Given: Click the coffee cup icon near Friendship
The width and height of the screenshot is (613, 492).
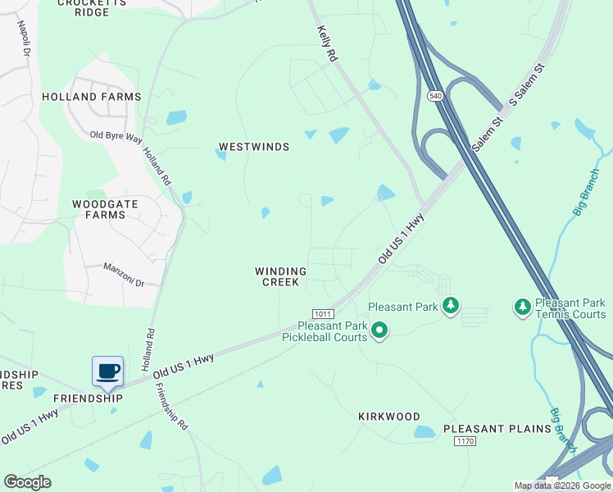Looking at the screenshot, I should click(107, 371).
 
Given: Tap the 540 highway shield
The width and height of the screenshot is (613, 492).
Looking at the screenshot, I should click(435, 96).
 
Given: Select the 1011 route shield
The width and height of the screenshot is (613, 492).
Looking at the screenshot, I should click(322, 314).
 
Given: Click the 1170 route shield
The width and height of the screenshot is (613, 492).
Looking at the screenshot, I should click(465, 441).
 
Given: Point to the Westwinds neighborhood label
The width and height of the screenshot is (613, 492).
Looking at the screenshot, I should click(254, 147).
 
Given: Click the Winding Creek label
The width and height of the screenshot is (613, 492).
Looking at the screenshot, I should click(280, 276).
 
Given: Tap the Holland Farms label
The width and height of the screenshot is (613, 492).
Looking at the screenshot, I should click(105, 97).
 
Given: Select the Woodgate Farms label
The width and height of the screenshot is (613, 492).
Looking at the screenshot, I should click(99, 209).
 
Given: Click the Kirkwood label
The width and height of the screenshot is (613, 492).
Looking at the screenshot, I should click(389, 417).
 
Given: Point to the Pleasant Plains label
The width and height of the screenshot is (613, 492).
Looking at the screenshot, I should click(497, 429).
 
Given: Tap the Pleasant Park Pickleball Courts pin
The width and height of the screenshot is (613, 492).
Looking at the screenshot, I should click(379, 330).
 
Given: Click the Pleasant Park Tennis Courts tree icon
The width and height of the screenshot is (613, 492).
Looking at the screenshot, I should click(521, 307).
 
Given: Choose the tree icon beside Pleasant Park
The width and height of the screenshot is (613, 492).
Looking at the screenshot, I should click(449, 307).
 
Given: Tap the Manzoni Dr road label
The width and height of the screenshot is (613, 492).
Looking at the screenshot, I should click(124, 275).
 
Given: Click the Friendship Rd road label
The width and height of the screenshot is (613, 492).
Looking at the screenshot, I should click(172, 414).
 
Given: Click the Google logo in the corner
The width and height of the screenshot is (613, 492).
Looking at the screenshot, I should click(28, 482).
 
